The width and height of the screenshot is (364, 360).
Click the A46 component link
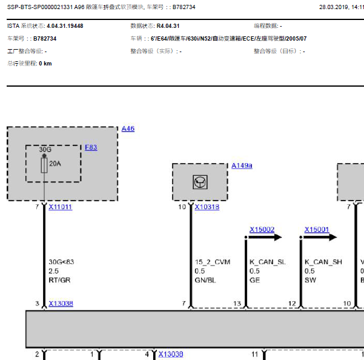[128, 128]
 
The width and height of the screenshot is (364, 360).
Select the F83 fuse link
[91, 147]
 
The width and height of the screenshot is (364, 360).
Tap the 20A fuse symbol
[44, 165]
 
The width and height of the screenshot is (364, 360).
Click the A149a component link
[242, 165]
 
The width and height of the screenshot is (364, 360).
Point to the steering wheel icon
[200, 182]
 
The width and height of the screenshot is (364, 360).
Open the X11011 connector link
[61, 207]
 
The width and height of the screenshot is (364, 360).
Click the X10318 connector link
[207, 207]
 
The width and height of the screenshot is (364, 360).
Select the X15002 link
[262, 230]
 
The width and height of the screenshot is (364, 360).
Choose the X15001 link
[317, 230]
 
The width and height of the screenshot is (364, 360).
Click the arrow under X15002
[265, 237]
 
